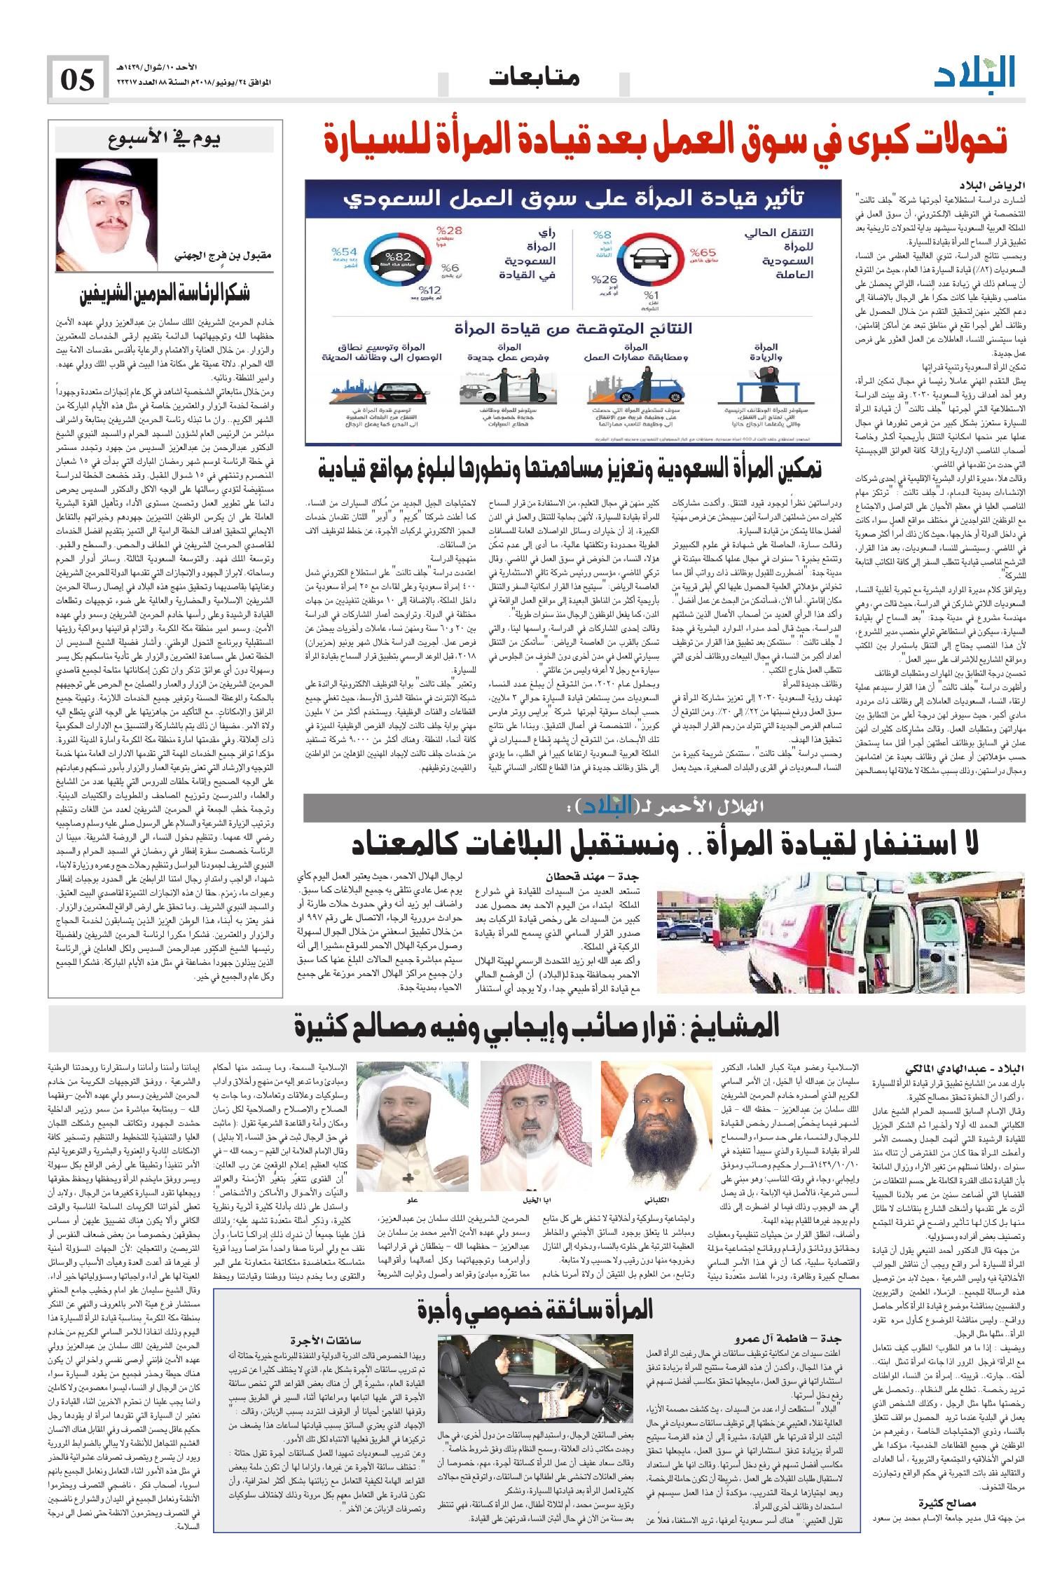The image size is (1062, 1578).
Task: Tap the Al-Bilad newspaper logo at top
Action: pyautogui.click(x=974, y=73)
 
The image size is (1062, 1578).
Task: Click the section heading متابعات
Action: pyautogui.click(x=535, y=78)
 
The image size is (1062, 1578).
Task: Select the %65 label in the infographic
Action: pyautogui.click(x=703, y=254)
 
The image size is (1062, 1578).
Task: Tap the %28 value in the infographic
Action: pyautogui.click(x=450, y=231)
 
